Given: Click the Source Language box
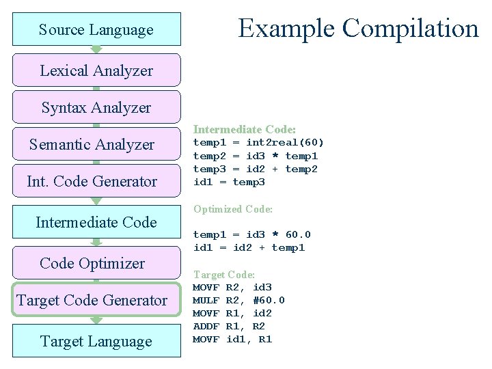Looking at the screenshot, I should [96, 29].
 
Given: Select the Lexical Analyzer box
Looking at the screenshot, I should [96, 70].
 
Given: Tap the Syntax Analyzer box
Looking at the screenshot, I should [96, 107].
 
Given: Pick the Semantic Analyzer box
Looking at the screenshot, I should [92, 144].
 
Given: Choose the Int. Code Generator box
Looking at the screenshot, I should [92, 181].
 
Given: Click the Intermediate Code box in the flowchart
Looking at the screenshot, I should [96, 222].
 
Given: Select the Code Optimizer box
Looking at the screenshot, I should [92, 263].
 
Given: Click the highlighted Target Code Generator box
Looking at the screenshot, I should [92, 300].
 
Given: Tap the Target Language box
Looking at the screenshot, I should [96, 341].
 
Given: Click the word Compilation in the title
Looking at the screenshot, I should [411, 28].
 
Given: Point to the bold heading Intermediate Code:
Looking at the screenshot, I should [245, 129].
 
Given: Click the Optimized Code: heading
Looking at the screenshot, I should [233, 209].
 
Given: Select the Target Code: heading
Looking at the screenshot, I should [224, 274].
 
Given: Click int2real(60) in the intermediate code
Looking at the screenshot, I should [285, 143].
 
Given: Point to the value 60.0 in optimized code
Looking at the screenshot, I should [298, 234].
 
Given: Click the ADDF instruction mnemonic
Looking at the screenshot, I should [206, 327].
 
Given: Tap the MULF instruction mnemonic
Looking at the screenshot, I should [206, 300].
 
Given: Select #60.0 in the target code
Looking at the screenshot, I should [269, 300].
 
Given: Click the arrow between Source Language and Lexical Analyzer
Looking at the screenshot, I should [96, 49].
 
